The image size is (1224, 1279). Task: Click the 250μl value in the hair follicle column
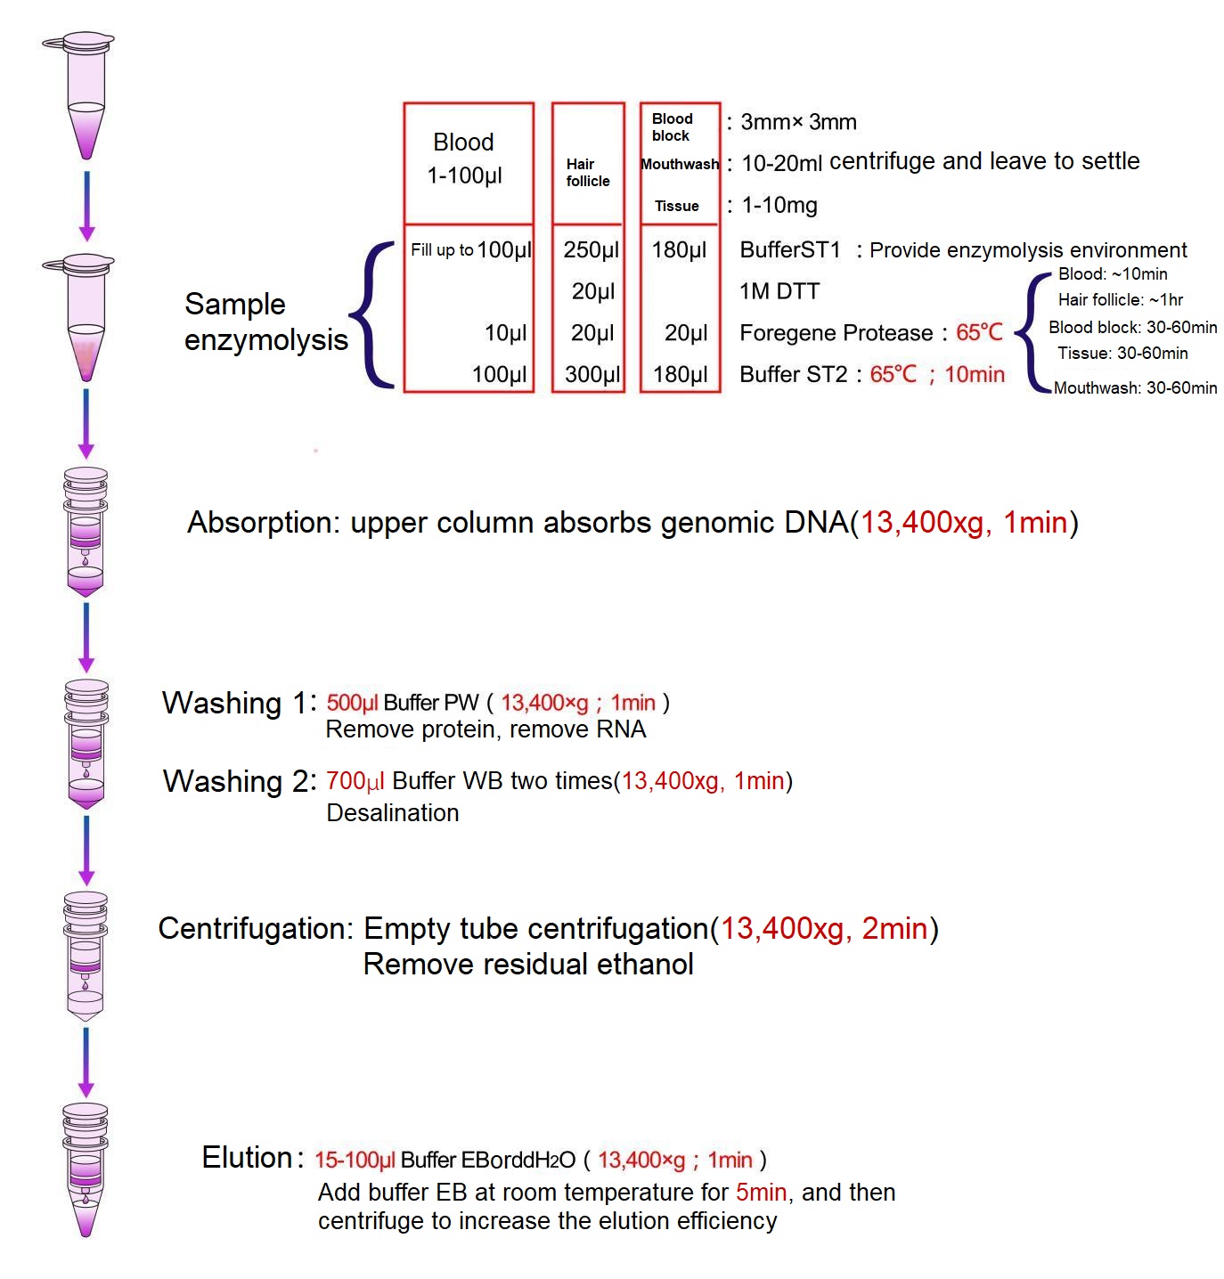591,249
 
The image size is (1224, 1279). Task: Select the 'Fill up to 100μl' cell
470,249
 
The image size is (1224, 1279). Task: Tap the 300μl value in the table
592,373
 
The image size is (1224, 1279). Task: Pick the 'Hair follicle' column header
587,172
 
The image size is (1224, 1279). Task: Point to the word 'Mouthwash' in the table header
679,164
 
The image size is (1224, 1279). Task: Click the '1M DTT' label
779,290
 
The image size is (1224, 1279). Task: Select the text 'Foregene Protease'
835,332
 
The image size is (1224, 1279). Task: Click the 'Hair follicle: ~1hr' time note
1119,299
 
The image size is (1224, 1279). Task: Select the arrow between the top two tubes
86,207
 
